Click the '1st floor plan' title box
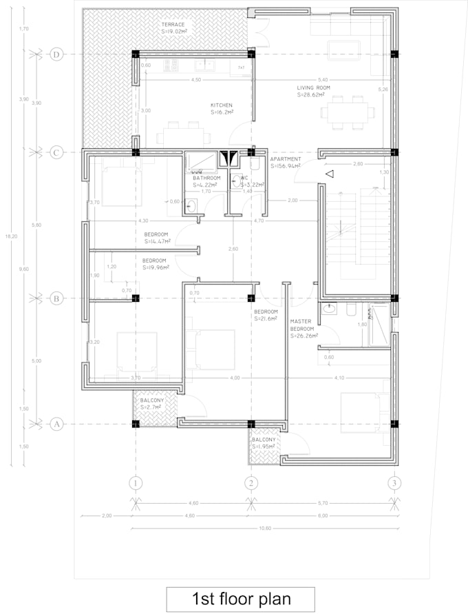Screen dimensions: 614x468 240,598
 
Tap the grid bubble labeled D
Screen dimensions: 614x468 57,54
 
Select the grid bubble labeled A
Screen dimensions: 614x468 57,424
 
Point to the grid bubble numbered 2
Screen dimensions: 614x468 251,482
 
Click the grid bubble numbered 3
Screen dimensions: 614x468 394,482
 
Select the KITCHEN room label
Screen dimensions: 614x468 221,105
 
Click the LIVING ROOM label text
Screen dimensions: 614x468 315,88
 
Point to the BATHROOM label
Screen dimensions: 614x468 206,178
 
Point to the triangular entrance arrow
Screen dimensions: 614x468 329,174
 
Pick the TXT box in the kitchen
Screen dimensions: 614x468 241,68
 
